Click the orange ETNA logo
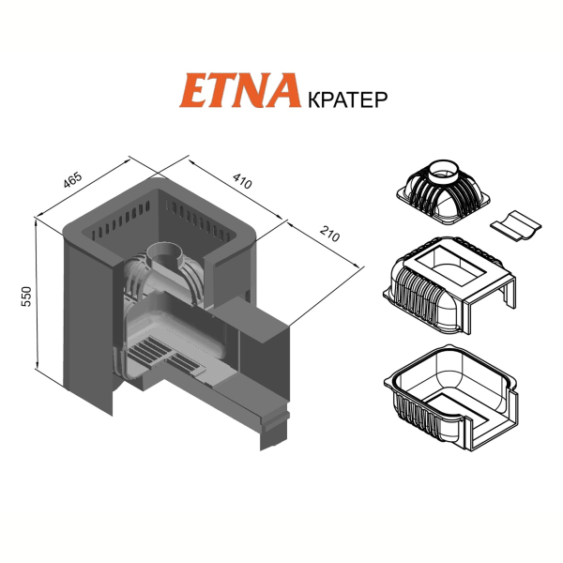[240, 90]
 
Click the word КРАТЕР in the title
[347, 99]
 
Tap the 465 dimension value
[72, 180]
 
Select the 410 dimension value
[242, 181]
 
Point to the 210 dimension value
[329, 234]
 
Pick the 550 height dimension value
[27, 297]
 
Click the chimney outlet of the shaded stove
[165, 254]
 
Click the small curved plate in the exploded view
[515, 226]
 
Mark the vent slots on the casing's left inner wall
[120, 221]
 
